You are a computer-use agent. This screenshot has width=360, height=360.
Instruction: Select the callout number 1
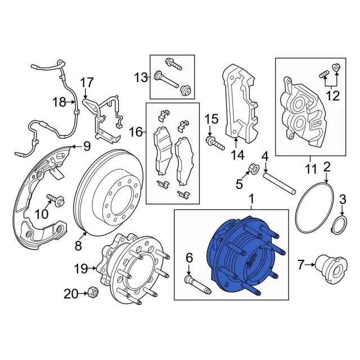pos(251,199)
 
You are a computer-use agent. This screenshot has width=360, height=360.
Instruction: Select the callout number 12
pos(332,96)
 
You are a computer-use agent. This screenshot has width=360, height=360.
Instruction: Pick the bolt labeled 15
pos(215,141)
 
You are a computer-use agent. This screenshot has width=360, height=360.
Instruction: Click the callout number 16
pos(136,132)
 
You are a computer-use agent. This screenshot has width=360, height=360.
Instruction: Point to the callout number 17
pos(86,83)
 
